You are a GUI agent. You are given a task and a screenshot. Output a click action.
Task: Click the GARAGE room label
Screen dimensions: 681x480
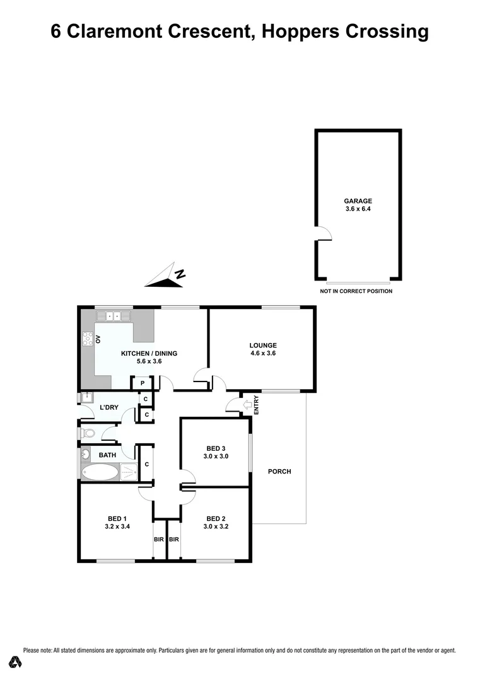coord(358,201)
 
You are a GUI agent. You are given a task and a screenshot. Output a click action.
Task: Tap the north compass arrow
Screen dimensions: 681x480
coord(167,277)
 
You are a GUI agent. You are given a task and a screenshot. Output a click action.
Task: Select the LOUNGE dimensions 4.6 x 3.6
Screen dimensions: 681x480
coord(263,354)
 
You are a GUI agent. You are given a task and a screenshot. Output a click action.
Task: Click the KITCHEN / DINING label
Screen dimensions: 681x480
coord(149,354)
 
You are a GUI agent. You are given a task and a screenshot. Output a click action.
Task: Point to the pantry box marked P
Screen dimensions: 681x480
coord(143,383)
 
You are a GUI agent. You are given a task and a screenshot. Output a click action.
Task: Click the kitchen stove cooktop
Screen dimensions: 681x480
coord(87,339)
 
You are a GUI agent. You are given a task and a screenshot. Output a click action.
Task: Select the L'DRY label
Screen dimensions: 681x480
coord(109,407)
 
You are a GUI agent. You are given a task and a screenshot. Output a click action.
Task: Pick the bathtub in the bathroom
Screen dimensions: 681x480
coord(101,472)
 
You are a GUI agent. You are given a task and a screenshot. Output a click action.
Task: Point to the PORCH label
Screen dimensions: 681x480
coord(279,471)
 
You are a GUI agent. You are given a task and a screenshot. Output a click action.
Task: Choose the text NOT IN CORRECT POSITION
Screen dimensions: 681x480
coord(356,291)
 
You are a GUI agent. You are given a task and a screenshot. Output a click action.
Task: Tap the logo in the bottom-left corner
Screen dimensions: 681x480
coord(15,662)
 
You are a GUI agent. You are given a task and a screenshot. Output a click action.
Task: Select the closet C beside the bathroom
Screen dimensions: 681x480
coord(146,464)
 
